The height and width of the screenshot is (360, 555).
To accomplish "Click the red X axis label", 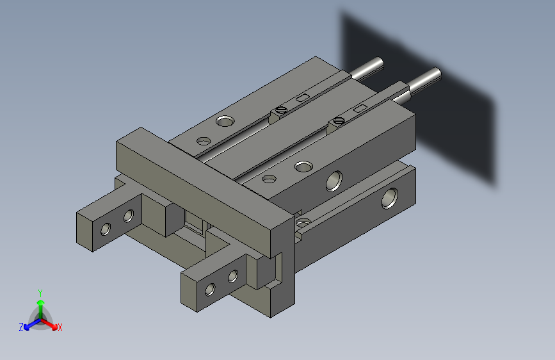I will click(x=60, y=328).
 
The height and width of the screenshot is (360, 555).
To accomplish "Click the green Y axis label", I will click(x=40, y=291).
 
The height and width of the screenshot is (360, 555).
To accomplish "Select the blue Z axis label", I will click(x=21, y=327).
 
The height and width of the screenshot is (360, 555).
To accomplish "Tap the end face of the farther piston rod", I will click(x=379, y=63).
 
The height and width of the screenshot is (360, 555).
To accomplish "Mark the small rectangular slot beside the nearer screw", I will click(x=360, y=108).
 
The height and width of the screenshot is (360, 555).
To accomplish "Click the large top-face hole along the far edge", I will click(x=225, y=120).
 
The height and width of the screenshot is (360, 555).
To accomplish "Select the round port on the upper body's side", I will click(x=334, y=181).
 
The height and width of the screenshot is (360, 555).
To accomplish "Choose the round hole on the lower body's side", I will click(x=389, y=198).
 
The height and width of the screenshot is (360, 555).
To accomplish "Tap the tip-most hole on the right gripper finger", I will click(x=210, y=289).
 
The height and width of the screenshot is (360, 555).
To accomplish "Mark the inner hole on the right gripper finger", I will click(x=233, y=276).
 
